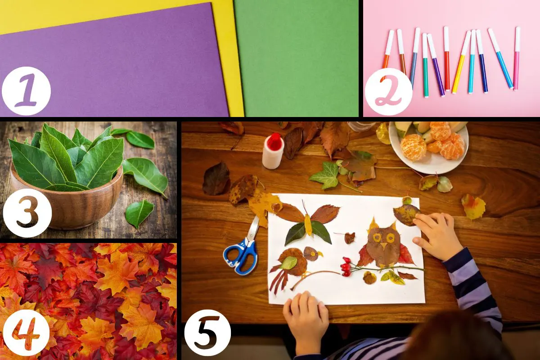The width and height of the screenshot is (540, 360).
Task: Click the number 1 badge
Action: tap(26, 91)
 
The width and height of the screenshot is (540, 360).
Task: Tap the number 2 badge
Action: tap(388, 92)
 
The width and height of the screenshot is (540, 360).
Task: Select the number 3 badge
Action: tap(27, 212)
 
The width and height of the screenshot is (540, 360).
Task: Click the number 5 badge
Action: tap(207, 333)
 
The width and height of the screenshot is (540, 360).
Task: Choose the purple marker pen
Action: tap(436, 65)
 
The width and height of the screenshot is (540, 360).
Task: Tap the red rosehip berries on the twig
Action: tap(346, 267)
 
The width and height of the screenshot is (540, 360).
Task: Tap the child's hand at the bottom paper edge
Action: tap(306, 313)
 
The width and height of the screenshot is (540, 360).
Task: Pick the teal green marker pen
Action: tap(426, 65)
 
